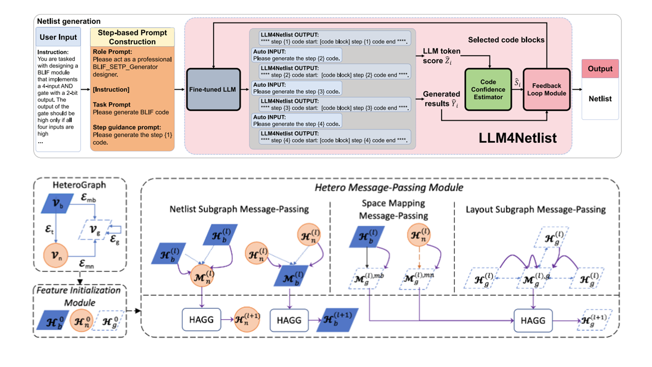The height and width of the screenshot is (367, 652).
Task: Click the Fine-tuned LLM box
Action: click(x=213, y=90)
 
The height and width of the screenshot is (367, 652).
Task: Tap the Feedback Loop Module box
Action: click(x=547, y=90)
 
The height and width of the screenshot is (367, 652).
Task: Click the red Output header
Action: click(x=600, y=69)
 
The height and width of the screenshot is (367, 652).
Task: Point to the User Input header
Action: click(x=58, y=37)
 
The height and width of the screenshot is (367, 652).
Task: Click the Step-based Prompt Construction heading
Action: click(x=132, y=37)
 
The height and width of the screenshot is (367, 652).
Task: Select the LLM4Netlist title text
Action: click(x=518, y=138)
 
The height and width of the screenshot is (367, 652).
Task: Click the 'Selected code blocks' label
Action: click(x=506, y=40)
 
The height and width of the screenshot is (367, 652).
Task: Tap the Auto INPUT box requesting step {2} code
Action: click(x=296, y=56)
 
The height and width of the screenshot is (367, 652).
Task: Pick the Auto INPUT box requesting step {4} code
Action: click(x=296, y=121)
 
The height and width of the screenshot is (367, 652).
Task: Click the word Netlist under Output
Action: click(x=600, y=98)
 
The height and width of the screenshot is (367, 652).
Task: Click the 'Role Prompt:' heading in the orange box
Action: click(x=112, y=51)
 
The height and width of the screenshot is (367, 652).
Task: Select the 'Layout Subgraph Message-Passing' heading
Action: click(x=535, y=209)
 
